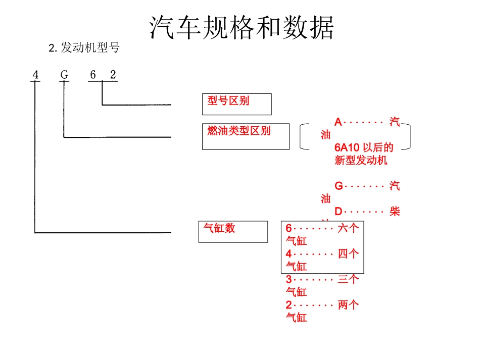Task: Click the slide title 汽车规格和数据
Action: tap(242, 27)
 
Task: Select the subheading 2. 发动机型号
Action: tap(84, 48)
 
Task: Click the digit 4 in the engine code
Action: tap(35, 75)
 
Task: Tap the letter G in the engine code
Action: tap(64, 75)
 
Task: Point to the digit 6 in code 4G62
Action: tap(92, 75)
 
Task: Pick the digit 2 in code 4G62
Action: tap(113, 75)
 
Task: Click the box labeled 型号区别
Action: tap(236, 104)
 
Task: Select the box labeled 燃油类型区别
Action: tap(246, 136)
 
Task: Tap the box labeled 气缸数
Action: tap(233, 231)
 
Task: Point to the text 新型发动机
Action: tap(361, 161)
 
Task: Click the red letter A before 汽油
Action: tap(338, 122)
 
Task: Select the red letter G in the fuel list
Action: tap(339, 186)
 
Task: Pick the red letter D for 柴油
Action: tap(339, 212)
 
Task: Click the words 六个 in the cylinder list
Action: tap(348, 228)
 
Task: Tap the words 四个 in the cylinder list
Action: tap(348, 254)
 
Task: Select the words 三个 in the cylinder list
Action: tap(348, 279)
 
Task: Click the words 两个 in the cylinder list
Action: tap(348, 305)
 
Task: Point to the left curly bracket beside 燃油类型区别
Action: tap(303, 137)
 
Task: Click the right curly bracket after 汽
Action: tap(407, 137)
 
